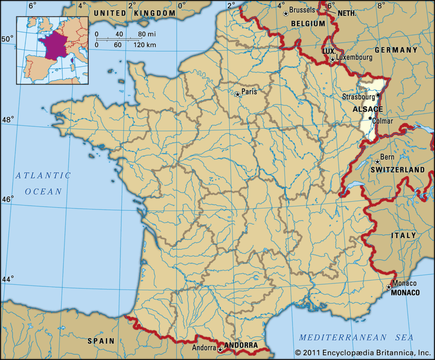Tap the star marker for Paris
[x=238, y=94]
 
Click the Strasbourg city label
[x=359, y=97]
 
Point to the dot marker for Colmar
[x=370, y=118]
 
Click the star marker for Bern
[x=377, y=162]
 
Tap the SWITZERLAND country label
[x=398, y=170]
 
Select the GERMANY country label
[x=396, y=50]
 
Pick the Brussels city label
[x=302, y=10]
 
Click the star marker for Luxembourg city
[x=332, y=59]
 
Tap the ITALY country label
[x=403, y=235]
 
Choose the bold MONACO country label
[x=405, y=292]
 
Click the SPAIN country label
[x=101, y=340]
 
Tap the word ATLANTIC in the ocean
[x=43, y=175]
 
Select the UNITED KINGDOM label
[x=134, y=13]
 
